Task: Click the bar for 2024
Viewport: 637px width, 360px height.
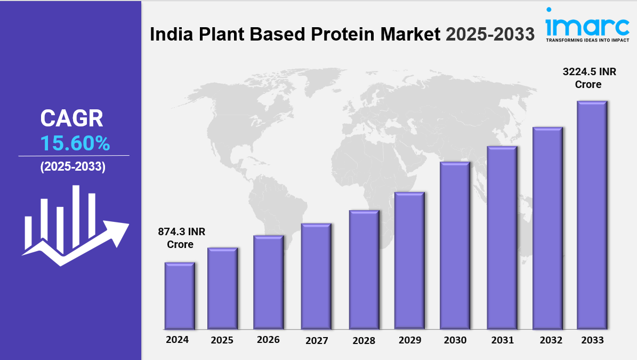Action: click(x=180, y=295)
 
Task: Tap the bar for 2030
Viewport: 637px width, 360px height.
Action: click(x=455, y=245)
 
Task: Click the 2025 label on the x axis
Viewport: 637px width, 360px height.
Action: click(x=222, y=340)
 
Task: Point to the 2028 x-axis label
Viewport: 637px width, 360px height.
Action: click(x=364, y=340)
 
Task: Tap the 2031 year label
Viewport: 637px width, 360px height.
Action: click(x=502, y=340)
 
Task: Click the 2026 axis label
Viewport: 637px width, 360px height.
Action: click(x=268, y=340)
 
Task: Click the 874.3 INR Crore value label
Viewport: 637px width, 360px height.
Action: click(x=181, y=238)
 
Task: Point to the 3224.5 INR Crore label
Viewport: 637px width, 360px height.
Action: click(x=590, y=78)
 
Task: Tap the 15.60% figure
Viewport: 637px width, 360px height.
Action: click(x=75, y=143)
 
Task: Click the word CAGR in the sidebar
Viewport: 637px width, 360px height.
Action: click(x=72, y=118)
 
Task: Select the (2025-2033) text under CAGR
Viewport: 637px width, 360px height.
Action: click(x=74, y=166)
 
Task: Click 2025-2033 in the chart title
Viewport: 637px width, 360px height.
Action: click(x=490, y=34)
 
